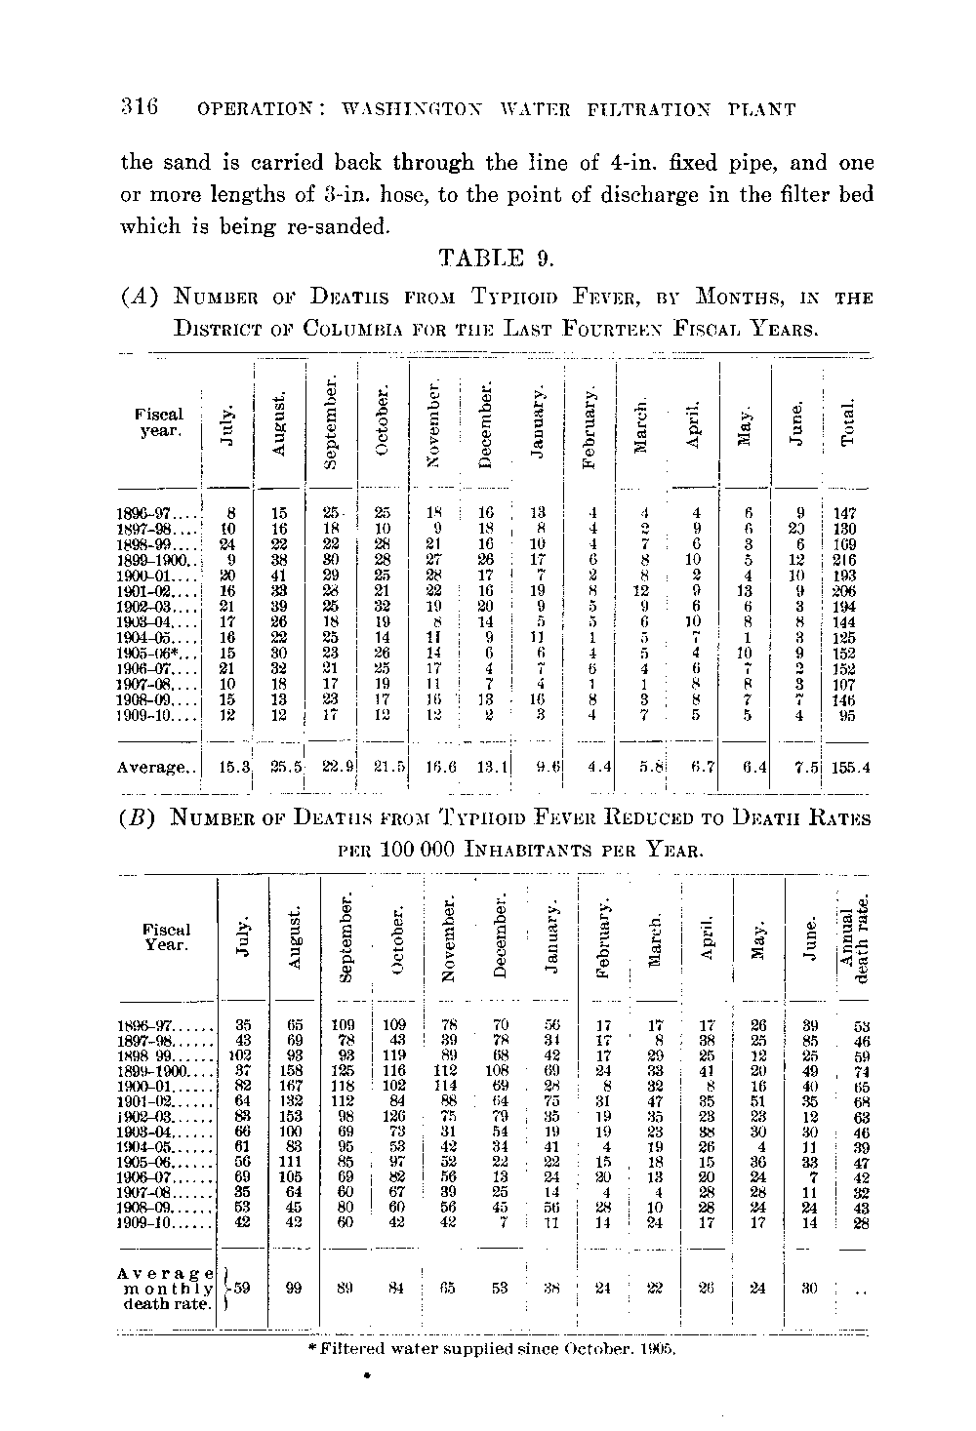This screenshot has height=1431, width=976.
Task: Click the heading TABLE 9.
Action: click(x=497, y=258)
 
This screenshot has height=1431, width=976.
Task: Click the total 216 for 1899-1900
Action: click(x=845, y=560)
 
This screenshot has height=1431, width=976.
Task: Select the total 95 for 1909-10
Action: click(x=846, y=715)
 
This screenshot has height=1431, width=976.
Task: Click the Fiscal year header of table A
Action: click(x=158, y=421)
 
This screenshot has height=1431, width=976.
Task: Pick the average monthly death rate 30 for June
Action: click(x=808, y=1289)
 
